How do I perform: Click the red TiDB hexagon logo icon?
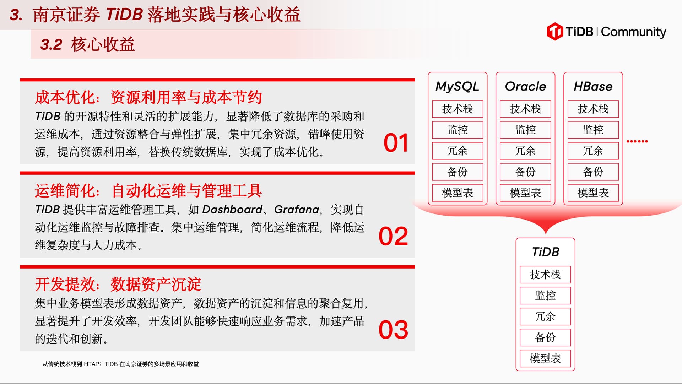point(555,31)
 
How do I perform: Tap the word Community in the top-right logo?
point(634,32)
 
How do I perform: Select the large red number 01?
point(396,143)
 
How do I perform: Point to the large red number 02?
point(393,236)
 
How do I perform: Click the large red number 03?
point(393,330)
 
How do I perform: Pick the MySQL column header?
point(458,86)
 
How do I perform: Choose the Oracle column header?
point(525,86)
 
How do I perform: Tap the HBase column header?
point(593,86)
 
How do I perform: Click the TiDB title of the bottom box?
point(546,252)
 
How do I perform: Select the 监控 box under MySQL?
point(458,130)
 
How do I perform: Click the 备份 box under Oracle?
point(525,172)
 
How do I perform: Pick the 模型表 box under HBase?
point(593,193)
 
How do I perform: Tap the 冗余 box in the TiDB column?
point(546,317)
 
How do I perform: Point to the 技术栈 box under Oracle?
point(525,109)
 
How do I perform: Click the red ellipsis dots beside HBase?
point(637,141)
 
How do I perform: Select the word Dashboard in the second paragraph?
point(232,210)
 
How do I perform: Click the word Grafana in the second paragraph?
point(297,210)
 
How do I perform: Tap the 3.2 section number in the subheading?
point(51,45)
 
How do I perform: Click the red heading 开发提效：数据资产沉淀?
point(118,285)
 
